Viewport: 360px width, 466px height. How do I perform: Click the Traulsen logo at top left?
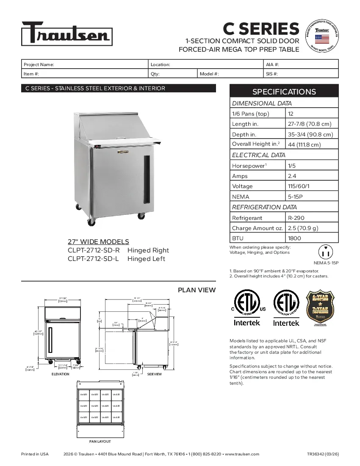point(66,33)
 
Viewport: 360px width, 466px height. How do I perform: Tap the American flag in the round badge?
point(322,39)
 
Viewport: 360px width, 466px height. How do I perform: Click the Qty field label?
point(155,74)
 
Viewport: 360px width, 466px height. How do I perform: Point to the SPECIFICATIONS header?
point(284,92)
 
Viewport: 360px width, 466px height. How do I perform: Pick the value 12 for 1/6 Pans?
point(291,114)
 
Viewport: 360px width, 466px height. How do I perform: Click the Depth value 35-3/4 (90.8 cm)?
point(310,134)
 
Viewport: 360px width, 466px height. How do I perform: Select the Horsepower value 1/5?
point(292,166)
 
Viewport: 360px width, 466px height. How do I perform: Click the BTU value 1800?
point(294,238)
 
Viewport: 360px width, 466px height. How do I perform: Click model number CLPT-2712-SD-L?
point(94,259)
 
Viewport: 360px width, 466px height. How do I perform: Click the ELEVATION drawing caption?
point(60,374)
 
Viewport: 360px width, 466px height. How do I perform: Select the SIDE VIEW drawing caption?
point(155,374)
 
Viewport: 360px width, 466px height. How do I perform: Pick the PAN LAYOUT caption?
point(100,441)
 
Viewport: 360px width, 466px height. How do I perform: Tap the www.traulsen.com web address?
point(242,454)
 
